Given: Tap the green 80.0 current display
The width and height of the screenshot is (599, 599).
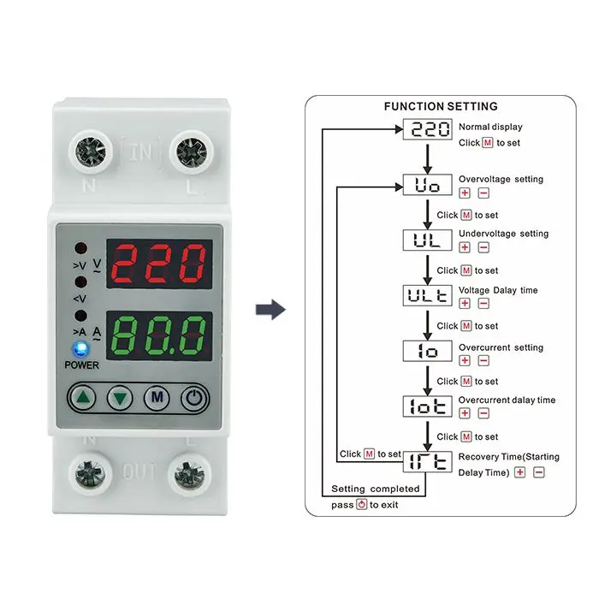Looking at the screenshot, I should click(160, 334).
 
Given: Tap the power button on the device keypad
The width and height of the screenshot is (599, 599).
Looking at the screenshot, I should click(195, 397).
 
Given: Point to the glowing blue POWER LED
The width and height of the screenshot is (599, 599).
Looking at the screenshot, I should click(81, 348).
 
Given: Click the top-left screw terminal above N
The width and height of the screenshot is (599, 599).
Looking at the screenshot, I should click(90, 154).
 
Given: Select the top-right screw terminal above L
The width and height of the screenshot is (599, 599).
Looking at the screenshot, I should click(190, 154).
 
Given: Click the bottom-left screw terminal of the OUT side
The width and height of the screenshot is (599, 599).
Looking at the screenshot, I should click(90, 473).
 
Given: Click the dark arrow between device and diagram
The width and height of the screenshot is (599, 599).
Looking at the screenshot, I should click(271, 310).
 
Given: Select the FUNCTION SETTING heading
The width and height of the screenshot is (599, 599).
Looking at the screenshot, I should click(441, 107).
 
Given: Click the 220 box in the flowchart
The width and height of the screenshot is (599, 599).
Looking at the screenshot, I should click(426, 130).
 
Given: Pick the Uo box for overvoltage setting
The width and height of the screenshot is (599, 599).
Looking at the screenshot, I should click(426, 185).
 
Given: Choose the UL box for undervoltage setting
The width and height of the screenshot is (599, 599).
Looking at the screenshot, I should click(426, 240).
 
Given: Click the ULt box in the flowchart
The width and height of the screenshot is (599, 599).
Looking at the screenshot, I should click(426, 295).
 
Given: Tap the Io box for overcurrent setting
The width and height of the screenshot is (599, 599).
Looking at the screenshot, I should click(426, 351).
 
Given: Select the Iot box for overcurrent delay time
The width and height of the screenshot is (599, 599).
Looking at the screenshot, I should click(426, 406).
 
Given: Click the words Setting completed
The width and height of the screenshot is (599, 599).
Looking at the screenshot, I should click(376, 489).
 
